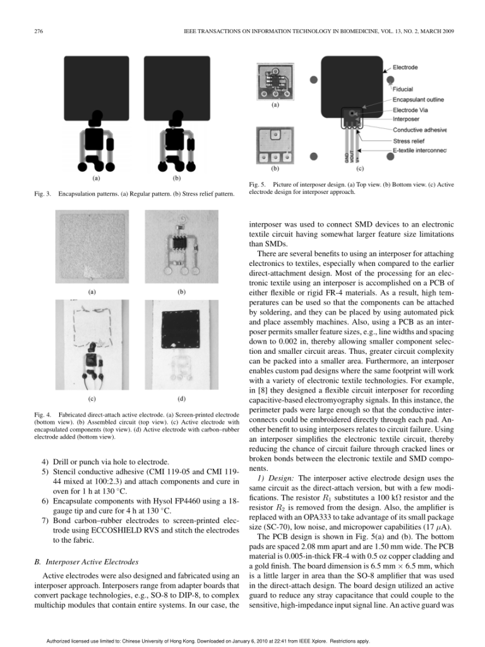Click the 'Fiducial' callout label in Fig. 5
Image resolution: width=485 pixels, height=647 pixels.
[x=404, y=89]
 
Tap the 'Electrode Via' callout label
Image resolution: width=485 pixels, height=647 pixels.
[x=410, y=109]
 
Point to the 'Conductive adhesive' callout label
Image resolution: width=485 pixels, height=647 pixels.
[x=419, y=130]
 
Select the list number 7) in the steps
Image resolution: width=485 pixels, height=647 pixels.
[x=45, y=519]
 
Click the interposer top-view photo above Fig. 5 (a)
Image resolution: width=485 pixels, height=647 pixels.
[x=274, y=80]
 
